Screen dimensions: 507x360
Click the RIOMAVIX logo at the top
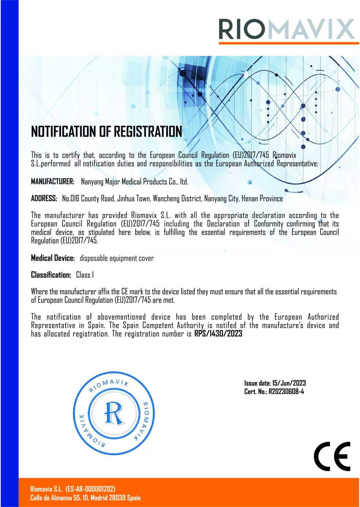pos(286,29)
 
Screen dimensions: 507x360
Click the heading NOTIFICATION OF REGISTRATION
pos(106,131)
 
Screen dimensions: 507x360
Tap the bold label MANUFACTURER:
pos(53,182)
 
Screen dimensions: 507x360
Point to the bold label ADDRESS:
pos(44,199)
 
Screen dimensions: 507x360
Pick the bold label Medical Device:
pos(53,258)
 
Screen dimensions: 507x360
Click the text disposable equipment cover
pos(117,258)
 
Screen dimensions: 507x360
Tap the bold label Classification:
pos(51,275)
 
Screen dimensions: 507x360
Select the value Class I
pos(85,275)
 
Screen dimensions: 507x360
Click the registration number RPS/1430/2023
pos(218,334)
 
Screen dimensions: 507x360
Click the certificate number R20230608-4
pos(286,391)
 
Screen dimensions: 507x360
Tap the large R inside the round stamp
pos(114,413)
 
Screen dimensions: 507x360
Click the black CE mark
pos(332,456)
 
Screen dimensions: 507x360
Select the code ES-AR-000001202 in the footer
pos(90,489)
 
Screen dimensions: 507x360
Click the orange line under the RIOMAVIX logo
pos(289,43)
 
